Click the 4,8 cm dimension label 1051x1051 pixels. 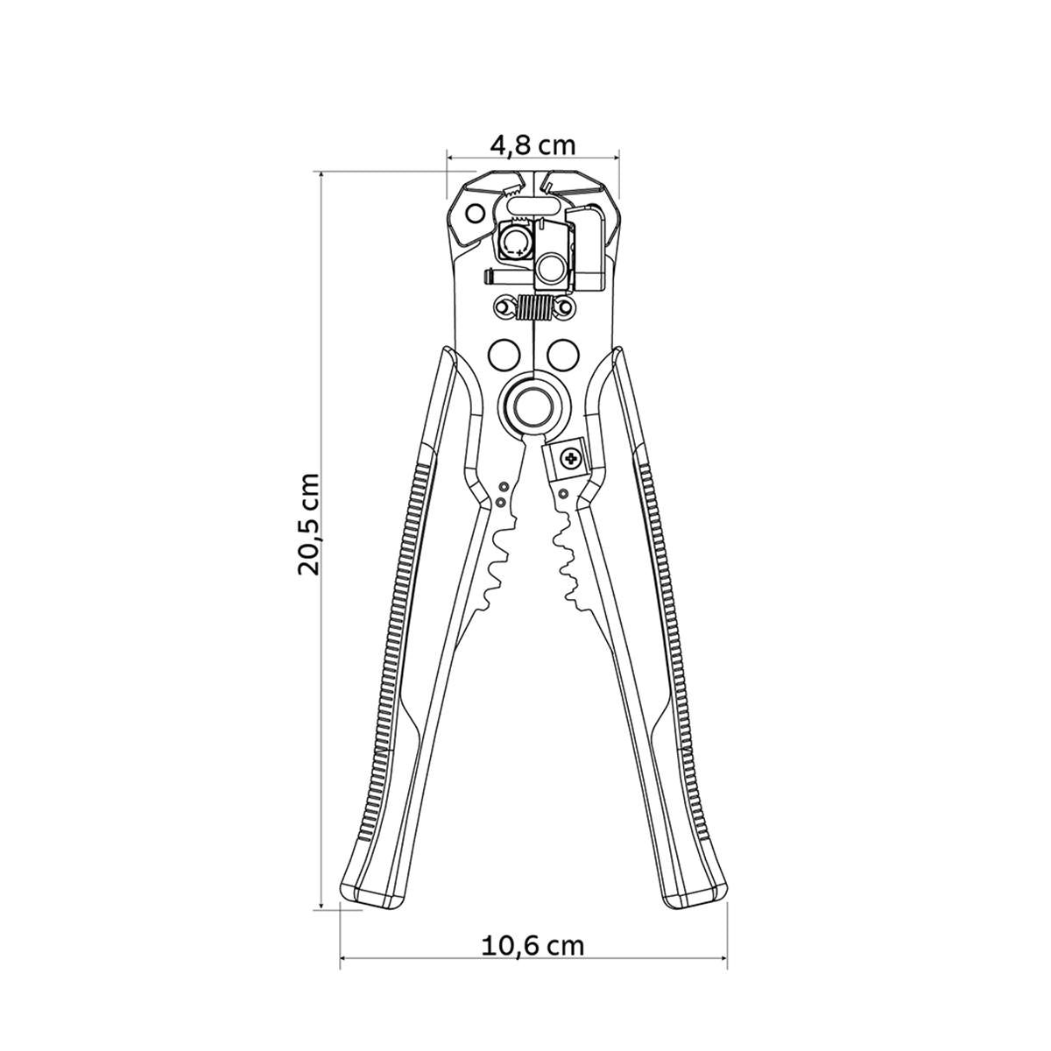point(533,145)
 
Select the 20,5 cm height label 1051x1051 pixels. point(309,524)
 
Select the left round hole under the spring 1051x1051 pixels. point(504,355)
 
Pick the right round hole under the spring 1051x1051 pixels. point(562,355)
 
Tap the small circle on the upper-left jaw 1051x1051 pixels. point(476,213)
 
